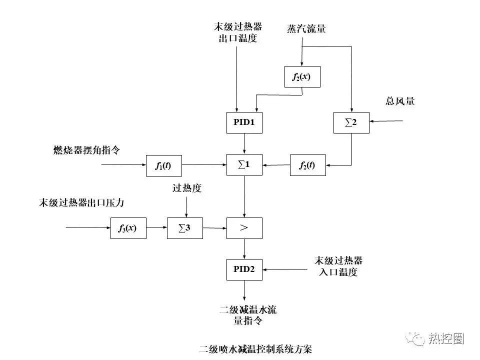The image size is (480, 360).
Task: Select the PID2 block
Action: coord(244,269)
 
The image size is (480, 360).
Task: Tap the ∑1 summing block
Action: coord(244,165)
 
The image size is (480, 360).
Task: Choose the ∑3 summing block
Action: coord(185,228)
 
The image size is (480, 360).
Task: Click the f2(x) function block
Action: coord(302,76)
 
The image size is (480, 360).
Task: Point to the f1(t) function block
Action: coord(163,165)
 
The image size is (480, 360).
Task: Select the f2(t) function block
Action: coord(308,165)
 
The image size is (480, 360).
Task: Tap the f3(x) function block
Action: coord(128,228)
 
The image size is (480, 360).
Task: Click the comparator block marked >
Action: coord(244,228)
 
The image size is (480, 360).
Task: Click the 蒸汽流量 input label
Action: coord(306,28)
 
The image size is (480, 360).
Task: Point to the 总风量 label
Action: coord(400,101)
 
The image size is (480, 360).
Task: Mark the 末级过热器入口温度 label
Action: coord(338,266)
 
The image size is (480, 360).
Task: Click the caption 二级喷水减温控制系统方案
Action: coord(255,348)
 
